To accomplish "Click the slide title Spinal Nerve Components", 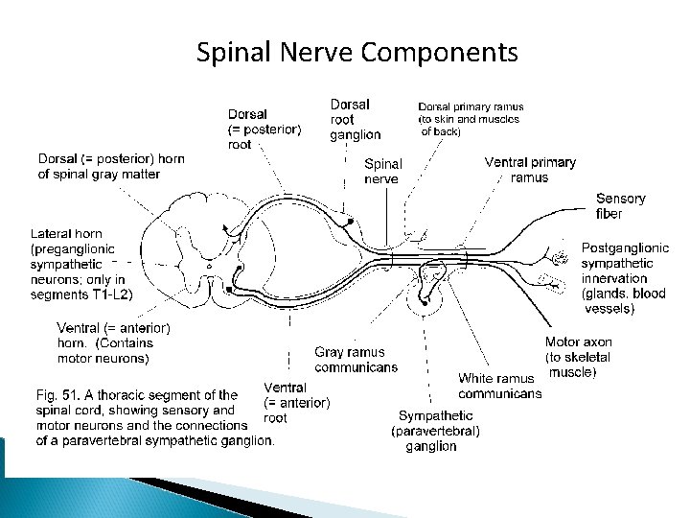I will pos(356,52).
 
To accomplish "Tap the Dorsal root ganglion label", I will pos(355,120).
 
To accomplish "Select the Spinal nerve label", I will pos(381,172).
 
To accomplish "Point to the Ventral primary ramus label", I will pos(530,170).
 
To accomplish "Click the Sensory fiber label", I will pos(620,205).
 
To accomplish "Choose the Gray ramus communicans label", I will pos(356,360).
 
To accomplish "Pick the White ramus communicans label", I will pos(499,386).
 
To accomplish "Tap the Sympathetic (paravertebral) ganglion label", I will pos(436,431).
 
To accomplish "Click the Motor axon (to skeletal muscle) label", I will pos(578,357).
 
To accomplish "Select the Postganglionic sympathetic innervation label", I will pos(623,278).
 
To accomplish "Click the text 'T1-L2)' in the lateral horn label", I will pos(112,294).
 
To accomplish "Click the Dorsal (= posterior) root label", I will pos(264,129).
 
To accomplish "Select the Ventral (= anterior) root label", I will pos(296,403).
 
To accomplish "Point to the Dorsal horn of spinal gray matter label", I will pos(111,166).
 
